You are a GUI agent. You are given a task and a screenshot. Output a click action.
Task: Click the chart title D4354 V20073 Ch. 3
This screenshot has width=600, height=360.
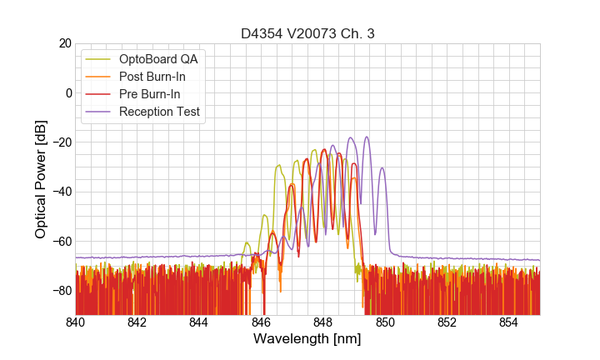pos(307,34)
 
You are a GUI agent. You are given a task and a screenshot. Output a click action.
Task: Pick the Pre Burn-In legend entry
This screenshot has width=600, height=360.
pos(150,94)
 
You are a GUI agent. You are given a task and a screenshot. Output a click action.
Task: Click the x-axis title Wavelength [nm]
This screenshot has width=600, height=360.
pos(307,340)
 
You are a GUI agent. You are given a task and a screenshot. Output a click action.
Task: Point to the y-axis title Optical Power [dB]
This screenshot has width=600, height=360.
pos(41,179)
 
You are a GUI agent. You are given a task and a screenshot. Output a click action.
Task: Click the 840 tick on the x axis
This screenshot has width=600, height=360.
pos(76,322)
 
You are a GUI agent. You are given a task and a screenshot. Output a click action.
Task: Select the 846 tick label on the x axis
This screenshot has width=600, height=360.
pos(261,322)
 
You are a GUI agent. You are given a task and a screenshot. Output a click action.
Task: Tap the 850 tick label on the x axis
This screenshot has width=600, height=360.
pos(385,322)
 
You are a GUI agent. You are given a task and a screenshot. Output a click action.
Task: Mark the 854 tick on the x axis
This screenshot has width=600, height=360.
pos(508,322)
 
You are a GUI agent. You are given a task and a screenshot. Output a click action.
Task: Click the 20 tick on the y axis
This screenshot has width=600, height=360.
pos(64,43)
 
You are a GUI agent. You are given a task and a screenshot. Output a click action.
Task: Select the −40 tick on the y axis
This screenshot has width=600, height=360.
pos(61,192)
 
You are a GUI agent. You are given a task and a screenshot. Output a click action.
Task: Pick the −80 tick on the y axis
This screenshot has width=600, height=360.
pos(61,291)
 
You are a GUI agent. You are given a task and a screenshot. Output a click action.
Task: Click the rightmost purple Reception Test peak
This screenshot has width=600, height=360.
pos(382,168)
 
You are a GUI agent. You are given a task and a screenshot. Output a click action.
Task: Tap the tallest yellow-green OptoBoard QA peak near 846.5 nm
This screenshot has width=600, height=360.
pos(278,166)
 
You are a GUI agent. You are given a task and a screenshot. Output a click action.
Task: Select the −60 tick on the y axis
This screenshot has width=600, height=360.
pos(61,241)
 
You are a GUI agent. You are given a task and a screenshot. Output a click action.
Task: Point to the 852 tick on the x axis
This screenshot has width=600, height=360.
pos(447,322)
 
